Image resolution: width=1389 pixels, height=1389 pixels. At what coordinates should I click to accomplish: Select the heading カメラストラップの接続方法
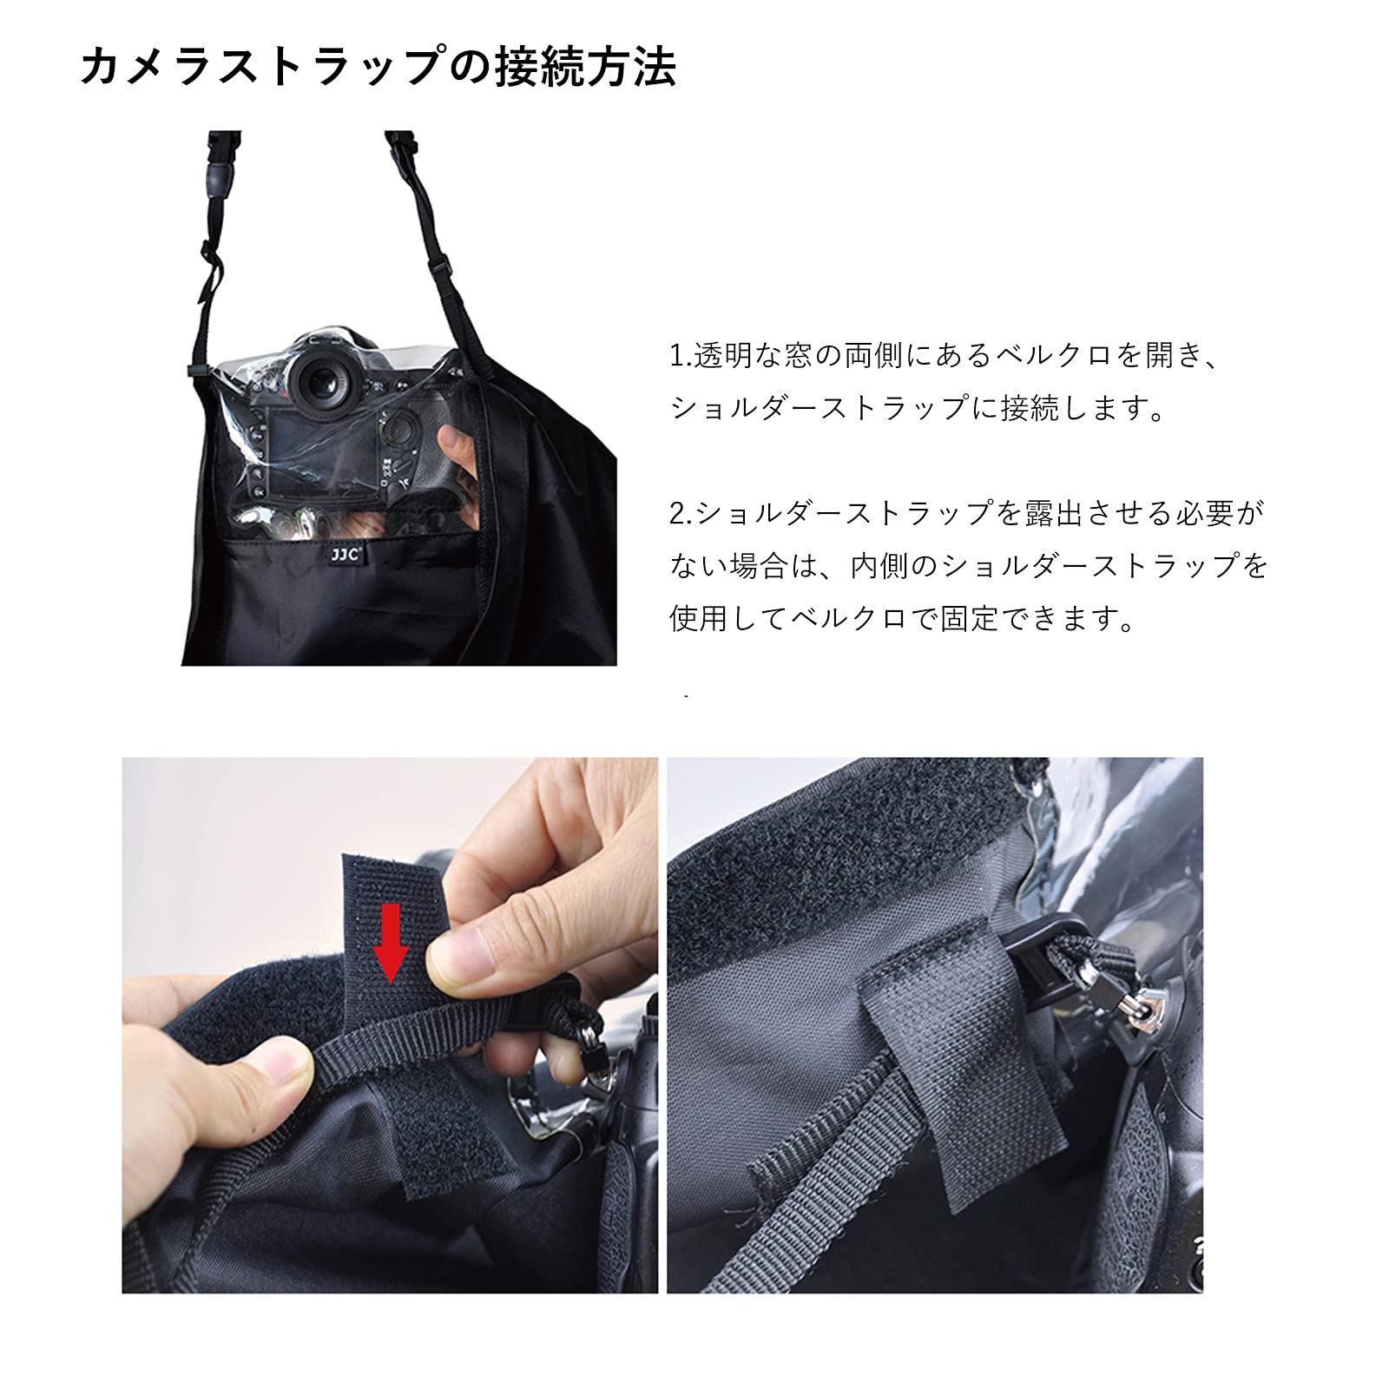pyautogui.click(x=379, y=68)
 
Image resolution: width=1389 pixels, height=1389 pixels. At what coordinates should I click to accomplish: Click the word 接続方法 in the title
pyautogui.click(x=586, y=68)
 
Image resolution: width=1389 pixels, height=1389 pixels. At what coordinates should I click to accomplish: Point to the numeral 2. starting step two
pyautogui.click(x=681, y=514)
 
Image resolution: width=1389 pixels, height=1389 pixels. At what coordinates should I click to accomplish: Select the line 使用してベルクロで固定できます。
pyautogui.click(x=903, y=619)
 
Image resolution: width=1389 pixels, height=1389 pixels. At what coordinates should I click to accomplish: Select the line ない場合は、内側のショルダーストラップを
pyautogui.click(x=969, y=566)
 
